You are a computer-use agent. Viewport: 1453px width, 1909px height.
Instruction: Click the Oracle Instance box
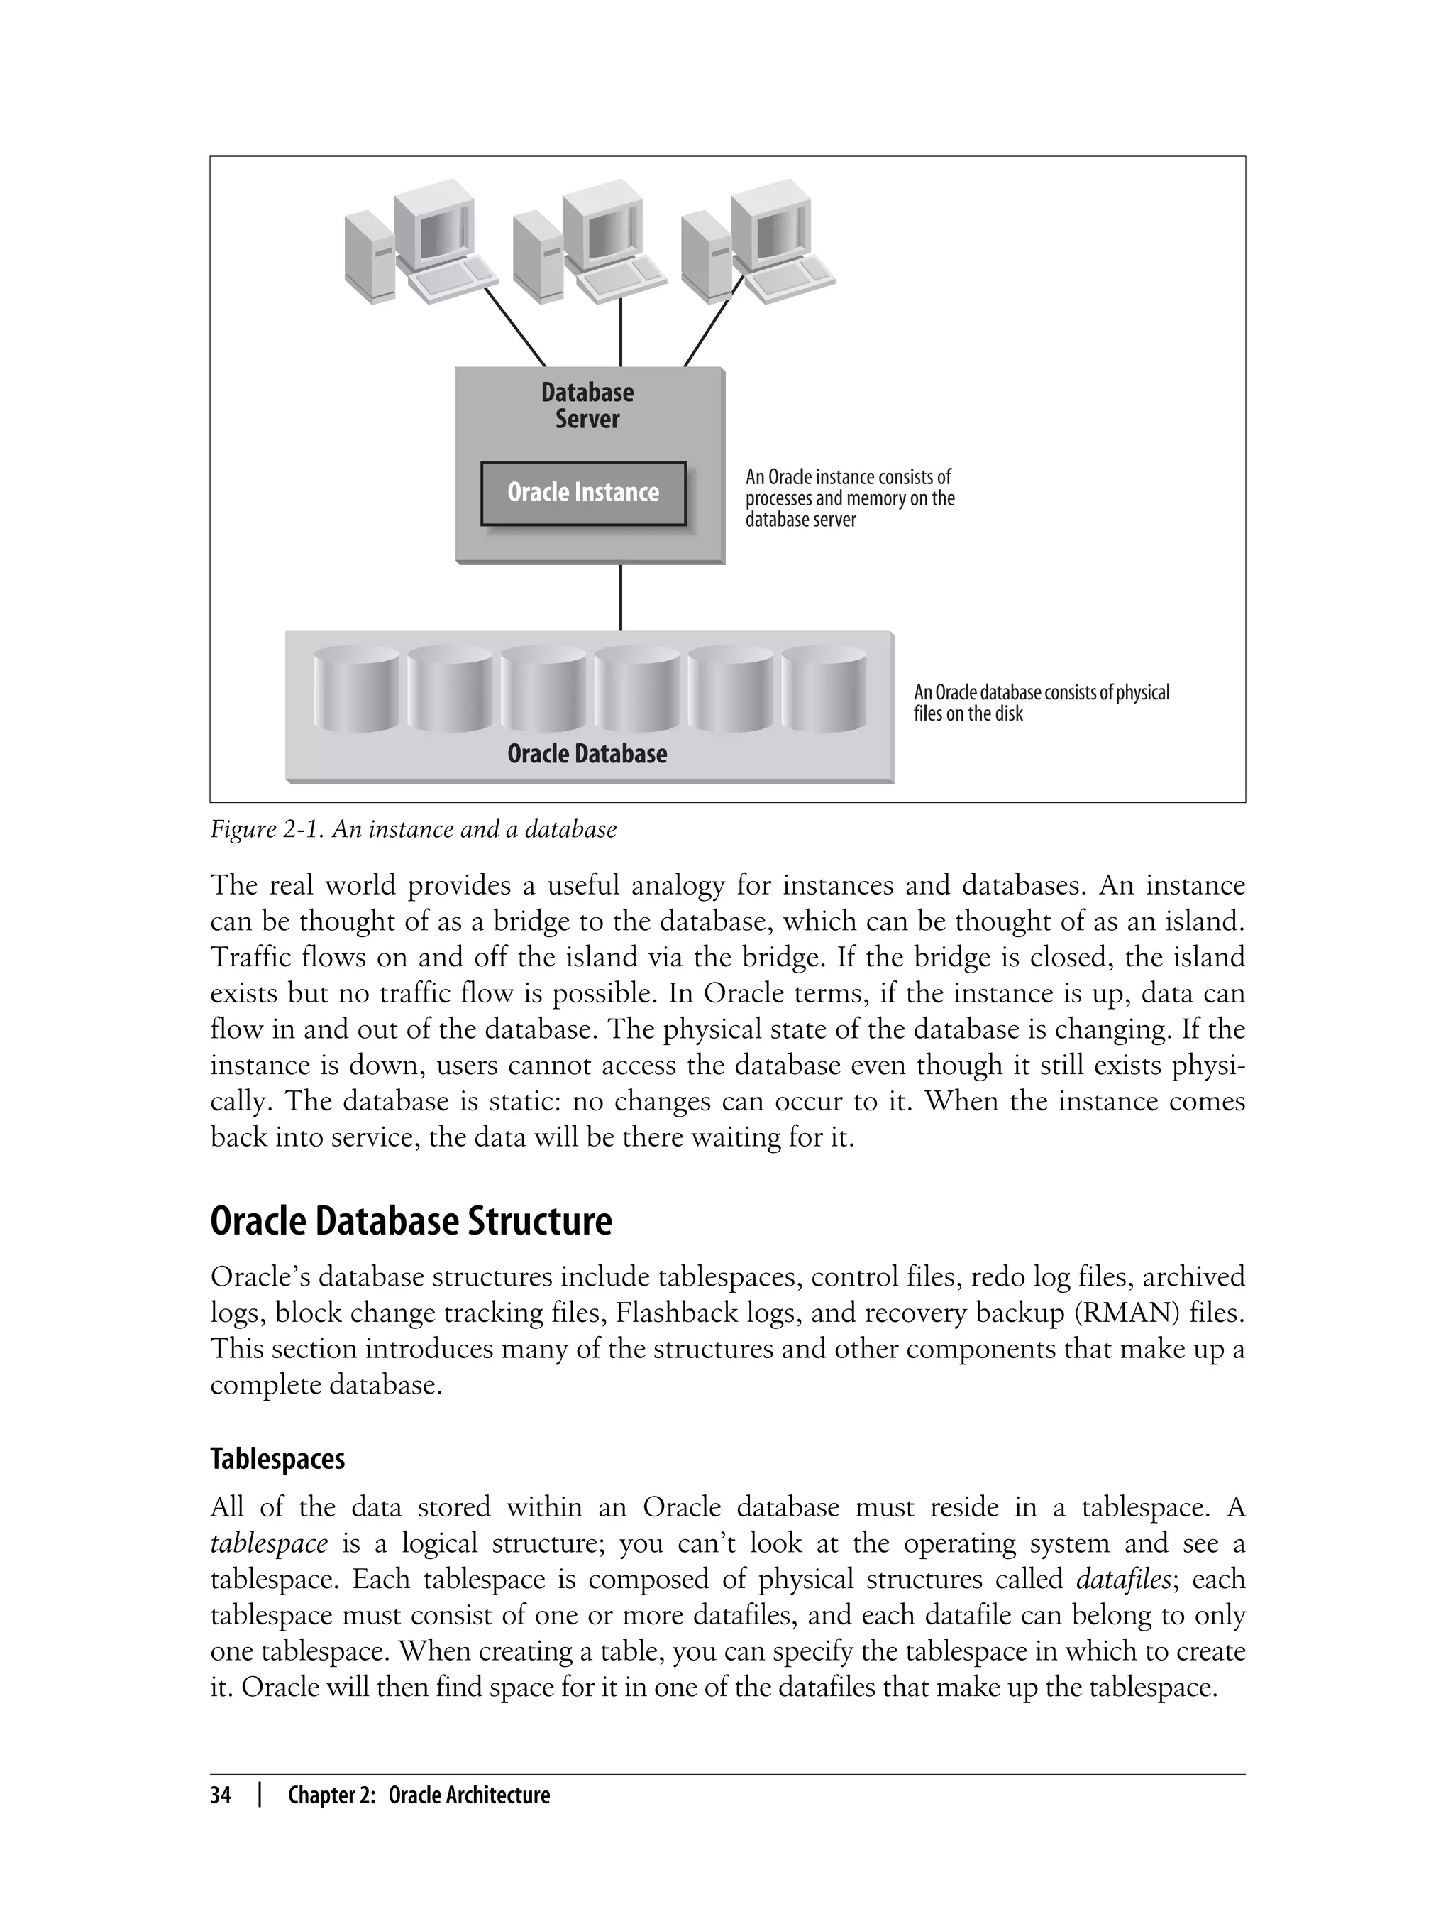click(x=583, y=493)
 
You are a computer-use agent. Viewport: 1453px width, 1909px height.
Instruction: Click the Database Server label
click(x=587, y=406)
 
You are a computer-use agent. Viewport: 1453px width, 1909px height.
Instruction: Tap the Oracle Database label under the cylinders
click(x=587, y=754)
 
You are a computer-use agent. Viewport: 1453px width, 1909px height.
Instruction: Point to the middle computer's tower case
click(x=537, y=258)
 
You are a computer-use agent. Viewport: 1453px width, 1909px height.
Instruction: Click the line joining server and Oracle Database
click(x=620, y=598)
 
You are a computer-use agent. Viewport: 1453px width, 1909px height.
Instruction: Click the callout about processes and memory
click(x=849, y=498)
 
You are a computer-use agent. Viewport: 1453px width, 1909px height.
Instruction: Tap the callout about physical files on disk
click(x=1041, y=703)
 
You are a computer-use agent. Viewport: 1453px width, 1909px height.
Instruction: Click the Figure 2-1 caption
click(x=414, y=830)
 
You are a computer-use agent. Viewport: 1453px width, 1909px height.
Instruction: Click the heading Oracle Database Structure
click(x=411, y=1222)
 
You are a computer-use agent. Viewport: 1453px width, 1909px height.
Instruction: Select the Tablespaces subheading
click(x=277, y=1460)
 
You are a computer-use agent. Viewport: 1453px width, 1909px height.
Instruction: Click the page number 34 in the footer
click(x=221, y=1795)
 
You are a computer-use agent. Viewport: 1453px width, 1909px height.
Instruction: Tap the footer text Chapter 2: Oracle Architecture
click(x=419, y=1795)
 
